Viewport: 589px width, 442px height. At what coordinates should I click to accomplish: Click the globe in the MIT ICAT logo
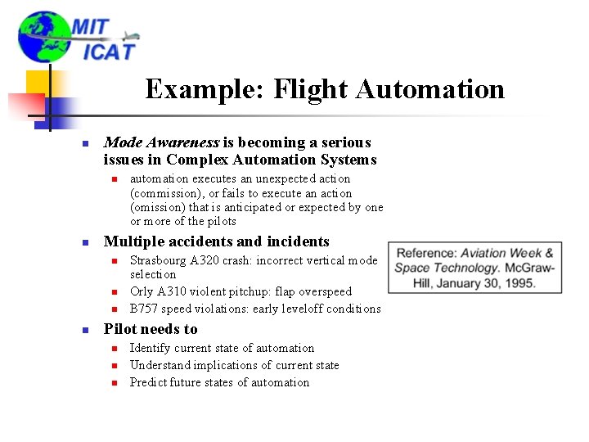pyautogui.click(x=43, y=37)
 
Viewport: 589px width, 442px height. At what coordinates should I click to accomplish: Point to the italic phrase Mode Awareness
pyautogui.click(x=155, y=142)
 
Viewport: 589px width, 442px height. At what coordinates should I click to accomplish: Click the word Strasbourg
pyautogui.click(x=159, y=260)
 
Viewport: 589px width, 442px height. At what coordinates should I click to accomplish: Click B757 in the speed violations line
pyautogui.click(x=144, y=309)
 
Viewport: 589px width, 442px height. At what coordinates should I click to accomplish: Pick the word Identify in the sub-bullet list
pyautogui.click(x=151, y=348)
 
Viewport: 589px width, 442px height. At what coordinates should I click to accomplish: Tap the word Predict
pyautogui.click(x=148, y=382)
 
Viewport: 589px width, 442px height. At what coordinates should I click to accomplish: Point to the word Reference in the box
pyautogui.click(x=426, y=253)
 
